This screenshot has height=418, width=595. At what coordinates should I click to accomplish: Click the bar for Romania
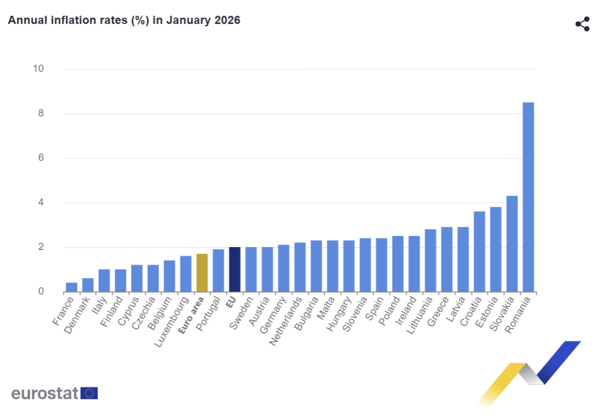click(x=528, y=197)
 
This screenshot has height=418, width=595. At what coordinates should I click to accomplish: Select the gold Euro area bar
click(x=202, y=273)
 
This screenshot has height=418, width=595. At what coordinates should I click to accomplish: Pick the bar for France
click(x=71, y=287)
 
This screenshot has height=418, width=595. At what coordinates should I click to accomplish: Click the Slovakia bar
click(x=512, y=244)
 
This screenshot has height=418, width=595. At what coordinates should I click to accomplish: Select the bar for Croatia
click(x=479, y=252)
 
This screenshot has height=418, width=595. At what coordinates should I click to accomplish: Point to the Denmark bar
click(x=88, y=285)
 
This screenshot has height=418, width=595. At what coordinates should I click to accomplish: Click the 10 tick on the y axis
click(x=38, y=69)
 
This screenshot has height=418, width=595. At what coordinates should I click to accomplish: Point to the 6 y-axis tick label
click(x=41, y=158)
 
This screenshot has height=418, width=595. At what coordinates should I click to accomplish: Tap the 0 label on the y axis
click(x=41, y=292)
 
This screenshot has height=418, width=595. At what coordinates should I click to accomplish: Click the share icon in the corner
click(x=582, y=24)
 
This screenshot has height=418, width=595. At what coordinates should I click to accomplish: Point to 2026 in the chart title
click(x=227, y=20)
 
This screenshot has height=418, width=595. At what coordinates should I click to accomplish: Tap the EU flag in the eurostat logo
click(x=89, y=394)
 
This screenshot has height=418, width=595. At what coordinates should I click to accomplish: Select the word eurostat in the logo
click(x=44, y=394)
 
